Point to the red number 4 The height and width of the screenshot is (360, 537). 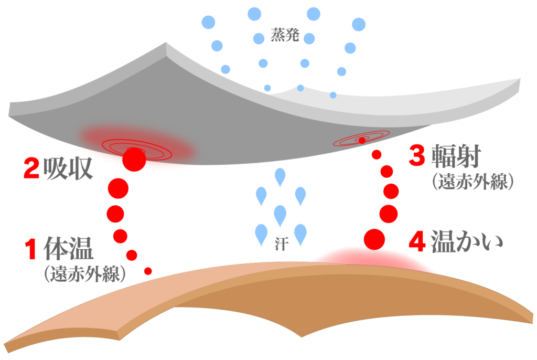(417, 242)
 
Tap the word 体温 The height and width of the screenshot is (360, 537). (68, 249)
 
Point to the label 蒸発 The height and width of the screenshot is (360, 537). (285, 36)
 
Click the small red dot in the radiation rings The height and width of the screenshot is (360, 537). (362, 140)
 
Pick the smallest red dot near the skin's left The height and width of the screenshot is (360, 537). (148, 271)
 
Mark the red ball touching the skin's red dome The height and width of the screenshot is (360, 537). (374, 239)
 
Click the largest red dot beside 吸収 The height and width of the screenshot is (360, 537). (118, 188)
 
